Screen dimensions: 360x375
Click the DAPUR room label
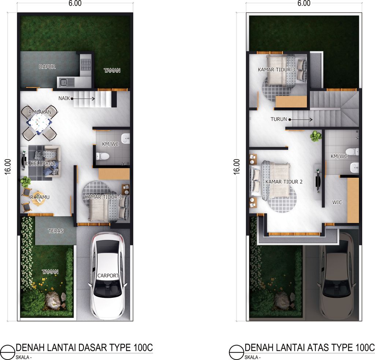coord(47,67)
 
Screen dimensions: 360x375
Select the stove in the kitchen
coord(86,65)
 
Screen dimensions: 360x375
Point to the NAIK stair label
coord(64,98)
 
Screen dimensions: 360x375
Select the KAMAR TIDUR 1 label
coord(103,197)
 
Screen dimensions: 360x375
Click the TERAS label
coord(55,231)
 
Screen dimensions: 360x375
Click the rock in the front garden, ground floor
coord(53,300)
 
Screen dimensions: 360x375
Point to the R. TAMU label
coord(40,198)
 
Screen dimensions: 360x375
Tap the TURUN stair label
coord(279,119)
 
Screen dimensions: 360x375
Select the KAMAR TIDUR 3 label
coord(276,70)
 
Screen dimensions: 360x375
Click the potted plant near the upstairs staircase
coord(315,136)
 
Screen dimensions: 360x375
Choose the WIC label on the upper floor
coord(337,202)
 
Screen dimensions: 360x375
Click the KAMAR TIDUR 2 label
coord(284,182)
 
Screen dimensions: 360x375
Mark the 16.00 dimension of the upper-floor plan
coord(237,167)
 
